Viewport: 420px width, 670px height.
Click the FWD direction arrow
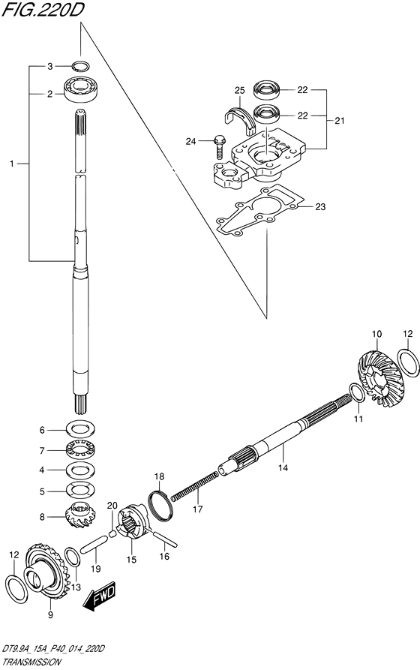pos(99,595)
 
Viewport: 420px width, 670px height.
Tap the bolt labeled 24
pos(219,146)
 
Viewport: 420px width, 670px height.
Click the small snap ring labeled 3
pos(80,66)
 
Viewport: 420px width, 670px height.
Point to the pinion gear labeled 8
pos(80,515)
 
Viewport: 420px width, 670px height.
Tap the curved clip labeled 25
pos(241,116)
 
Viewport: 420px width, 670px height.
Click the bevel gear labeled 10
pos(376,378)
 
